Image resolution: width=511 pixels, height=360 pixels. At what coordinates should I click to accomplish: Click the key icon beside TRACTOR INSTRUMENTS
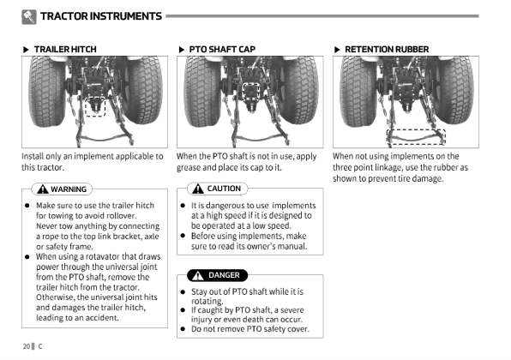[29, 16]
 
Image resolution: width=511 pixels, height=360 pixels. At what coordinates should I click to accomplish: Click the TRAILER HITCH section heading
[65, 50]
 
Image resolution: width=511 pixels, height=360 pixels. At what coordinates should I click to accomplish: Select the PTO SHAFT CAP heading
[222, 50]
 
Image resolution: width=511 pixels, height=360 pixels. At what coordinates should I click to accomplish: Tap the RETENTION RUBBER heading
[387, 50]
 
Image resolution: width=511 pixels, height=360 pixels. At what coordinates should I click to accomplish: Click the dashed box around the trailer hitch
[85, 106]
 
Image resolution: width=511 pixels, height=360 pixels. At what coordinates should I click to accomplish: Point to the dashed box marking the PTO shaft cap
[243, 92]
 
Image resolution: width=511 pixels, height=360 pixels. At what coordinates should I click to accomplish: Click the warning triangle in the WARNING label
[43, 189]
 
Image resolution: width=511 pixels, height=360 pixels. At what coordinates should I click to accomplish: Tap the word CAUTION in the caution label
[224, 189]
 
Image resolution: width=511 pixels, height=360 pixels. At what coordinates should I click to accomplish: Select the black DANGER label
[218, 275]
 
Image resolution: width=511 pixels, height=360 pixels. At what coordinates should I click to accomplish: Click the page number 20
[27, 346]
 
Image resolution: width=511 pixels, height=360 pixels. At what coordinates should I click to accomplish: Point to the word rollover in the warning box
[122, 216]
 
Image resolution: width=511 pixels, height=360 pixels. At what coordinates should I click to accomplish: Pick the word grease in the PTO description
[189, 168]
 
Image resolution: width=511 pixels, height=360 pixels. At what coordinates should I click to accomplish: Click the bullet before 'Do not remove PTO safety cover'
[183, 329]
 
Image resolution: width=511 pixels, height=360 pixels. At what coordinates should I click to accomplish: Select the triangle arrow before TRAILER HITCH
[26, 50]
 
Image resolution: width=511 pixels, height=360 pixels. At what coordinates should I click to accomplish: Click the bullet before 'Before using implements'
[183, 236]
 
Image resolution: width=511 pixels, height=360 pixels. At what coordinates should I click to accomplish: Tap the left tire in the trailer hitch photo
[47, 92]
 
